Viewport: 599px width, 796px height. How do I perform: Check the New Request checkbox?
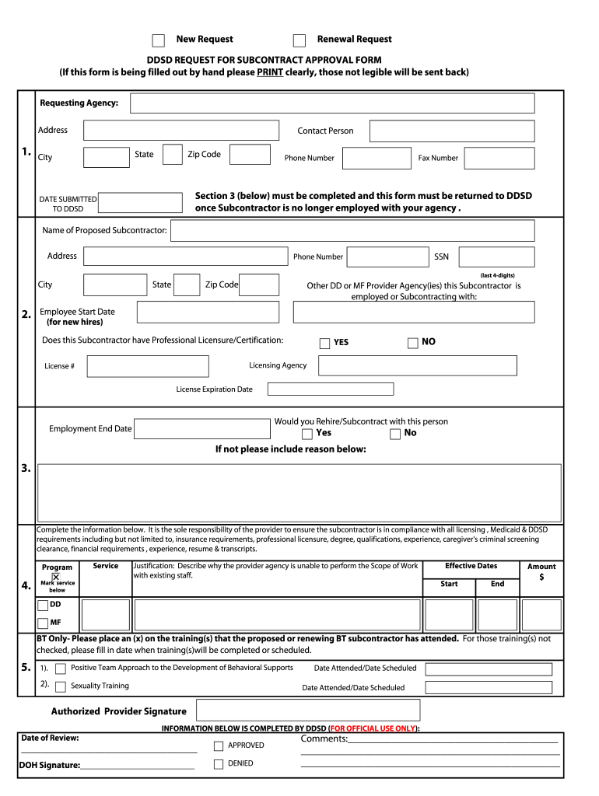click(158, 40)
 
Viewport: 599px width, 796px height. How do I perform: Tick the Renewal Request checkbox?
click(299, 40)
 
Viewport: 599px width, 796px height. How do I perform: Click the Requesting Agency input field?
click(332, 103)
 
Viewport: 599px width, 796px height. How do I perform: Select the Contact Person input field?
click(452, 131)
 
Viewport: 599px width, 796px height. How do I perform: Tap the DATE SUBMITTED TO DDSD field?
click(142, 204)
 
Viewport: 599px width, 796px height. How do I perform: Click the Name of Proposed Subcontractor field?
click(352, 231)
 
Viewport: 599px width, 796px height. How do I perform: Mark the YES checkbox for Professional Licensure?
click(325, 344)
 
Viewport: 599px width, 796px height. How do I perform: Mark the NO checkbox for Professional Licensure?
click(413, 343)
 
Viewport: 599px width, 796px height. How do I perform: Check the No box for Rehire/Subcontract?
click(395, 434)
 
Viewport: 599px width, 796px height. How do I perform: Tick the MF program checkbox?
click(43, 623)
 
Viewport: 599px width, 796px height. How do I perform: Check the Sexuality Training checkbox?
click(60, 686)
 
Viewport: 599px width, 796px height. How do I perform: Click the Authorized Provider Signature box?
click(308, 710)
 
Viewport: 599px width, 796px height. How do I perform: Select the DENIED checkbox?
click(219, 764)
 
